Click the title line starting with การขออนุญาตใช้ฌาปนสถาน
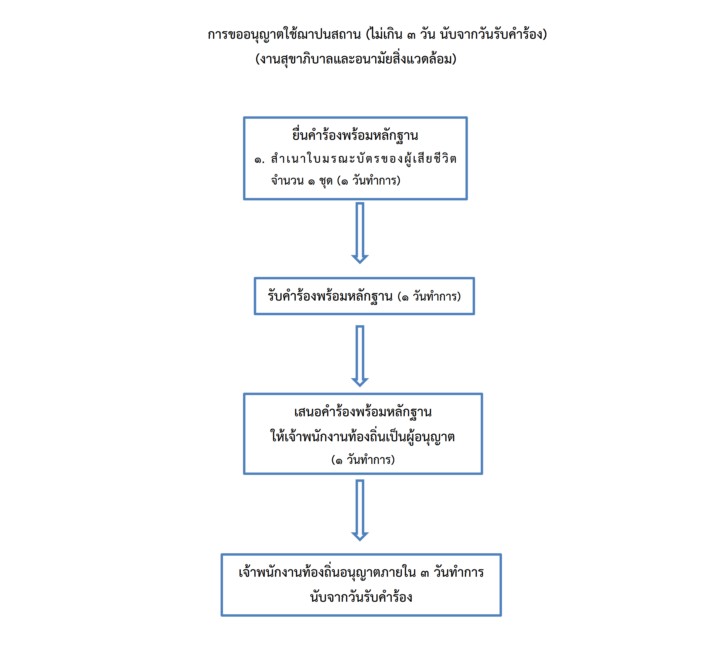pyautogui.click(x=377, y=34)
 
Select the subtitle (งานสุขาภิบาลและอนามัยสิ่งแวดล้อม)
pyautogui.click(x=356, y=59)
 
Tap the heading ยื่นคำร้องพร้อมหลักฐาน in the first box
pyautogui.click(x=355, y=136)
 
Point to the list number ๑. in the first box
pyautogui.click(x=259, y=160)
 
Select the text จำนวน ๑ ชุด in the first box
pyautogui.click(x=302, y=181)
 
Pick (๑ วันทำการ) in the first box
pyautogui.click(x=369, y=181)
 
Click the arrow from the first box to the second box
pyautogui.click(x=360, y=233)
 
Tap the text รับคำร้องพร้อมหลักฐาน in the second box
pyautogui.click(x=330, y=296)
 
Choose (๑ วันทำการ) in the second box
pyautogui.click(x=429, y=296)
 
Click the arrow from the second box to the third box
pyautogui.click(x=360, y=356)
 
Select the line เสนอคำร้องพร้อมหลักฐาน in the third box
pyautogui.click(x=363, y=412)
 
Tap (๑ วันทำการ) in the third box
pyautogui.click(x=363, y=460)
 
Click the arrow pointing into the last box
pyautogui.click(x=360, y=510)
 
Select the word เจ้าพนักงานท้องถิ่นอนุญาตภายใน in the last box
pyautogui.click(x=327, y=572)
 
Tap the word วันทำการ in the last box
pyautogui.click(x=459, y=572)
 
